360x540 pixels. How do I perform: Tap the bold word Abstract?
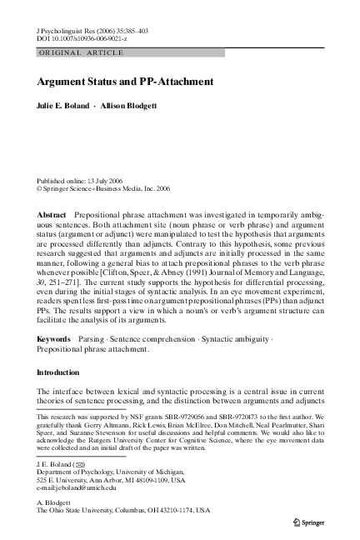pos(52,215)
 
